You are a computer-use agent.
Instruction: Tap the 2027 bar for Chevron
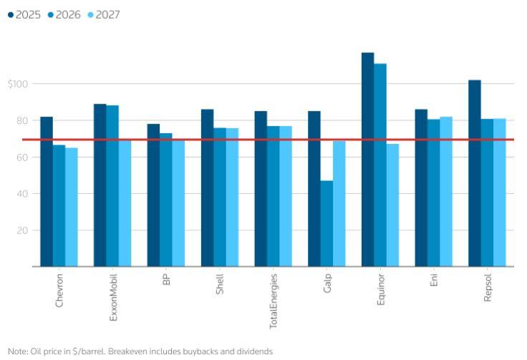click(72, 207)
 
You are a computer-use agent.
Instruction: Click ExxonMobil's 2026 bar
click(112, 186)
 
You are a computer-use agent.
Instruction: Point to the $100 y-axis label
click(17, 84)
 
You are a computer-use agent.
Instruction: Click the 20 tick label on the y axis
click(22, 230)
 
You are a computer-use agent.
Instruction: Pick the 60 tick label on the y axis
click(22, 157)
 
